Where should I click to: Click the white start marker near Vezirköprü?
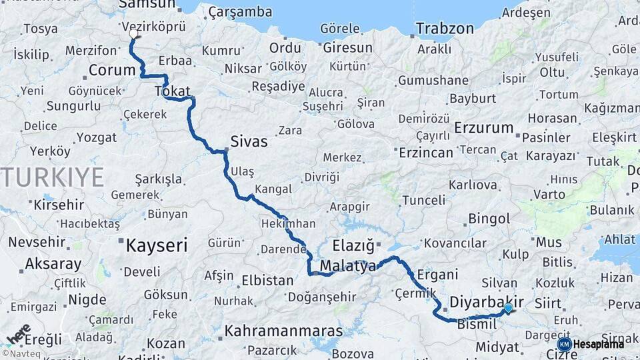[x=133, y=33]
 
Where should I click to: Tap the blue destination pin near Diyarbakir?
[x=508, y=308]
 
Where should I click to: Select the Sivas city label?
[x=249, y=141]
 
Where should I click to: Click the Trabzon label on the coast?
[x=445, y=29]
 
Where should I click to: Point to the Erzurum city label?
[x=484, y=127]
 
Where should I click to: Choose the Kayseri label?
[x=157, y=245]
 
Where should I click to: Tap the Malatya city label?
[x=348, y=267]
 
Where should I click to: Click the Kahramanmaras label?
[x=283, y=331]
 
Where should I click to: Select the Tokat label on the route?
[x=172, y=91]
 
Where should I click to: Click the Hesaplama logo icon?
[x=564, y=344]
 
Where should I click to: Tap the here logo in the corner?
[x=18, y=333]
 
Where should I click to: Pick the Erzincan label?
[x=425, y=153]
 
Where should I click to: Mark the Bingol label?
[x=489, y=218]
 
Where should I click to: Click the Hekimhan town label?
[x=289, y=224]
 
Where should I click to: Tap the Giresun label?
[x=347, y=47]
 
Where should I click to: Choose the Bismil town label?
[x=477, y=324]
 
